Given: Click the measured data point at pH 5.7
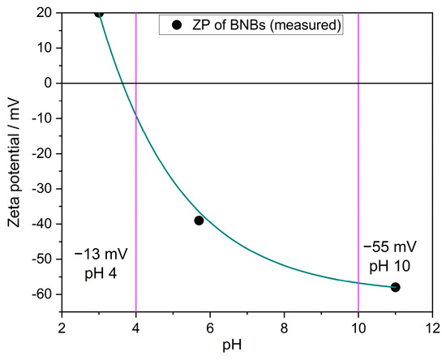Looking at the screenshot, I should (x=199, y=221).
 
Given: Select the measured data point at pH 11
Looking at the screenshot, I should (x=396, y=287).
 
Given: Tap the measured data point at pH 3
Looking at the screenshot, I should (x=99, y=13).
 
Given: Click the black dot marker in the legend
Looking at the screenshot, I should (x=177, y=26).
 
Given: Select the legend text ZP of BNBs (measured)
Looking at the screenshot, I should (x=263, y=26).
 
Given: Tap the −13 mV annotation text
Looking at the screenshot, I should (x=101, y=255).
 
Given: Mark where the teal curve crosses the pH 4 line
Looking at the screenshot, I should (x=135, y=117).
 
